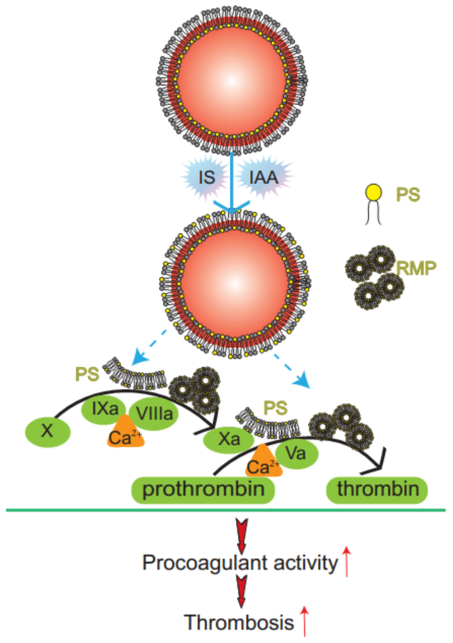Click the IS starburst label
(x=206, y=177)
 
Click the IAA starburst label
(x=264, y=177)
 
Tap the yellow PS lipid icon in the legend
(x=373, y=194)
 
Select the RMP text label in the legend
(x=416, y=268)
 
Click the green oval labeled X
(x=47, y=431)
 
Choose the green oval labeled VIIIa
(x=154, y=414)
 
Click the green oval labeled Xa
(x=229, y=439)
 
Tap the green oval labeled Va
(x=296, y=453)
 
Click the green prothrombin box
(x=203, y=489)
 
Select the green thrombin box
(x=377, y=489)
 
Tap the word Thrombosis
(x=239, y=622)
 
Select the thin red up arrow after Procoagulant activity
(x=347, y=561)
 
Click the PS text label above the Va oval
(x=275, y=408)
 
